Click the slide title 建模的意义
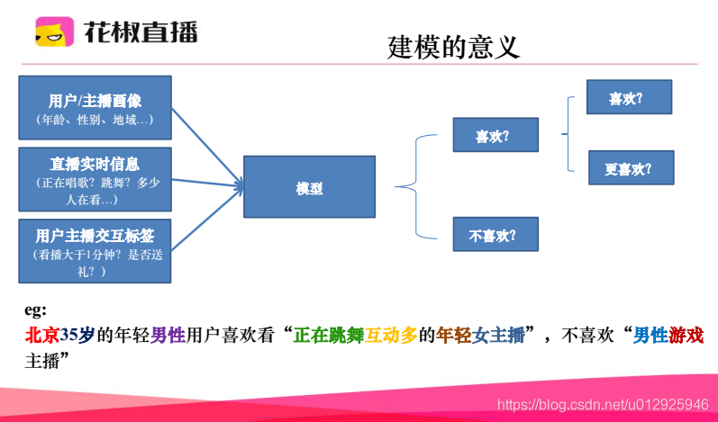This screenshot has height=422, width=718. (x=454, y=47)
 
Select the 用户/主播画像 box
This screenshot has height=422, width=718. (x=95, y=107)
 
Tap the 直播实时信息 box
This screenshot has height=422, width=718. (x=95, y=178)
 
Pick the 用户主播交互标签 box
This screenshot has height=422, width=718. (x=95, y=251)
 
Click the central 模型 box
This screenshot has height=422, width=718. (x=309, y=188)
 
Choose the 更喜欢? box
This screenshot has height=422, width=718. (x=628, y=167)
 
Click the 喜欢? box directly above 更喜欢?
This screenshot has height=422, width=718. (x=628, y=97)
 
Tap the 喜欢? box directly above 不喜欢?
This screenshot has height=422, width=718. (x=495, y=136)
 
